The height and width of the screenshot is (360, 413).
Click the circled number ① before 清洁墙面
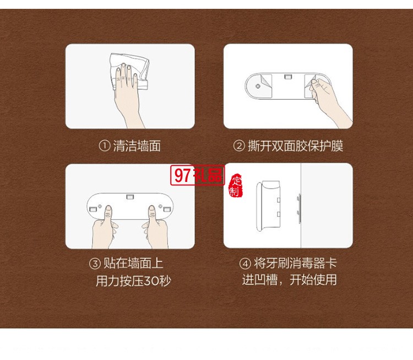tap(105, 146)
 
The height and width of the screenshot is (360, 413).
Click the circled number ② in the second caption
tap(239, 146)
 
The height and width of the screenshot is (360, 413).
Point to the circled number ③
tap(95, 264)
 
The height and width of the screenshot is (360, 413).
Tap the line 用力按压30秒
tap(133, 281)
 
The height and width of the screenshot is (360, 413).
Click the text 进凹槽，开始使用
tap(289, 280)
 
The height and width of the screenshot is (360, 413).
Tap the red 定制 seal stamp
tap(236, 186)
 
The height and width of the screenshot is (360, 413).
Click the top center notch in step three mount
tap(130, 196)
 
